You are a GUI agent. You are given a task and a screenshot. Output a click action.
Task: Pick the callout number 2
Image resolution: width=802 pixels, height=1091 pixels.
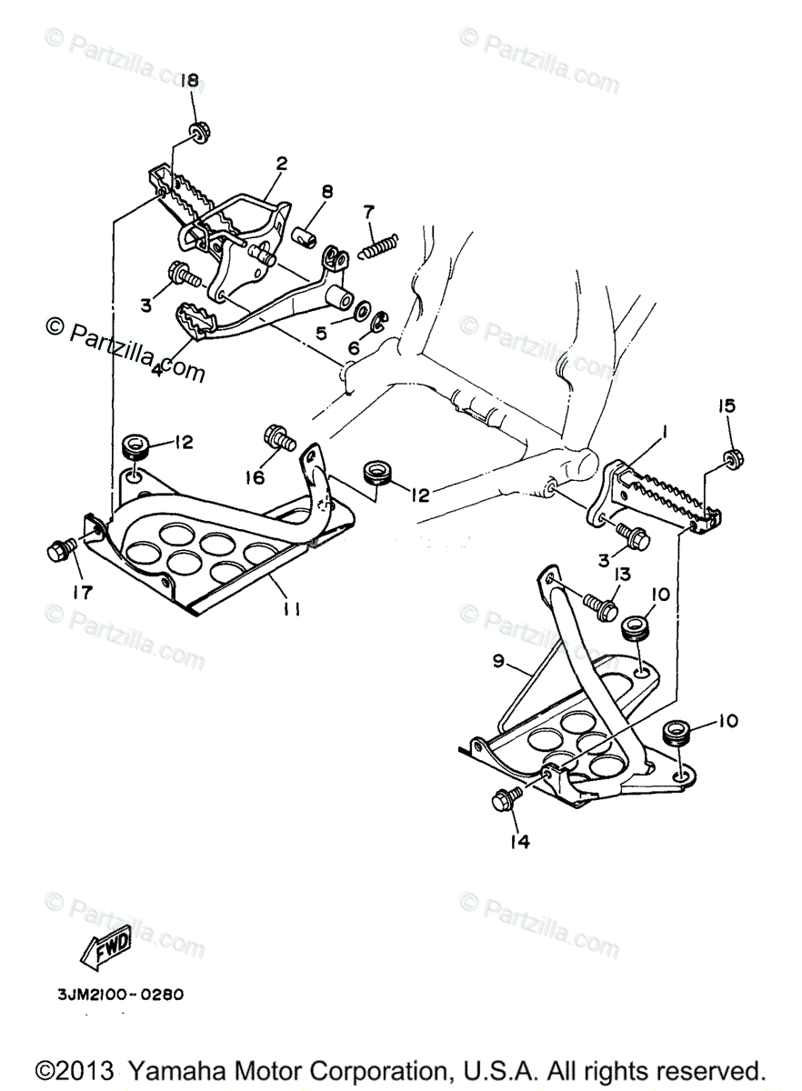(x=281, y=164)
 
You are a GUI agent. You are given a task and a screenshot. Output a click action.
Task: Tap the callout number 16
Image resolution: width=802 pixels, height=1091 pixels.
(x=255, y=476)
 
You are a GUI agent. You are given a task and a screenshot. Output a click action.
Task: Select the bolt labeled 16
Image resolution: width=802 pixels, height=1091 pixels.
(x=279, y=438)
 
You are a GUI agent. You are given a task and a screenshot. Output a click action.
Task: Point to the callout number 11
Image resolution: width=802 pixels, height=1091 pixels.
(x=291, y=608)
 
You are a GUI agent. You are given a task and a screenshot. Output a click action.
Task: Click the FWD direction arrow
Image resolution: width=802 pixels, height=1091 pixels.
(x=105, y=946)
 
